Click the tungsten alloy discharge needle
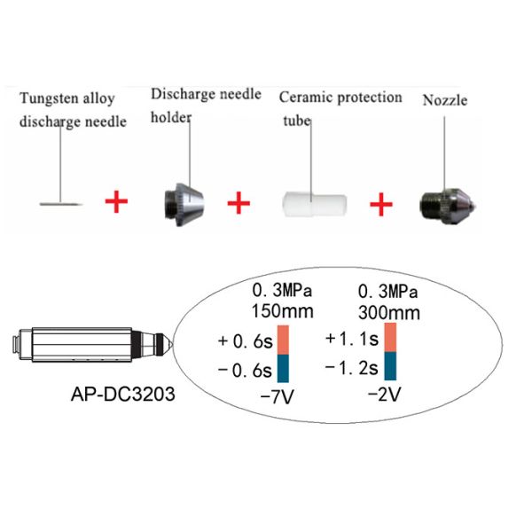tap(61, 204)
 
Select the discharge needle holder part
tap(184, 204)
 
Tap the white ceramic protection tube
tap(314, 204)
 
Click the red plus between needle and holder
tap(116, 201)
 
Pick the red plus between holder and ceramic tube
tap(239, 203)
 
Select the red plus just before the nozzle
tap(381, 204)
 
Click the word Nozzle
tap(445, 100)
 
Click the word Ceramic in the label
tap(306, 98)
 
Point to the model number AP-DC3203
tap(123, 394)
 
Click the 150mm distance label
tap(282, 311)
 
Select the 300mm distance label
tap(389, 313)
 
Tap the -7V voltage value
tap(277, 397)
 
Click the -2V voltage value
tap(385, 395)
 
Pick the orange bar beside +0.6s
tap(284, 340)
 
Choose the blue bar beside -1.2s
tap(390, 365)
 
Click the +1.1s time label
tap(352, 339)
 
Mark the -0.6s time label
tap(245, 371)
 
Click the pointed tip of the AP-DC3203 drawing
tap(172, 344)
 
